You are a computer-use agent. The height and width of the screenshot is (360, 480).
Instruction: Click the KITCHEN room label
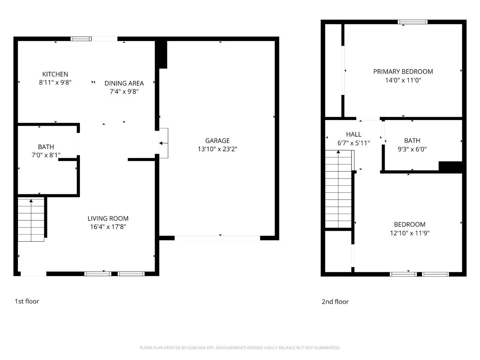[x=55, y=74]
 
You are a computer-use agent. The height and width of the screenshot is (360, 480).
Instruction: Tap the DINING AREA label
[x=124, y=83]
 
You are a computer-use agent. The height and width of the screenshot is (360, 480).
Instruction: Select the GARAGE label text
[x=217, y=141]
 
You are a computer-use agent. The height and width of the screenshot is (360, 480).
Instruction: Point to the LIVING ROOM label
[x=108, y=218]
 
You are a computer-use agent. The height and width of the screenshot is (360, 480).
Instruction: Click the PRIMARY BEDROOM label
[x=403, y=71]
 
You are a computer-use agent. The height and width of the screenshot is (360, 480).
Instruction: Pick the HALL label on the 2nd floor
[x=354, y=134]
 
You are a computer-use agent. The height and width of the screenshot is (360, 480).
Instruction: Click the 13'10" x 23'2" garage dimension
[x=217, y=149]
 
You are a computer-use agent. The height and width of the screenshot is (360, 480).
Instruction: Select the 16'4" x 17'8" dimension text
[x=108, y=227]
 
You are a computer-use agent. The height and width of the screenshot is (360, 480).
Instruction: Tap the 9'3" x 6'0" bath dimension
[x=412, y=149]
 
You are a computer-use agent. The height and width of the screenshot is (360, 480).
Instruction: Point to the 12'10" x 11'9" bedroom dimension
[x=410, y=233]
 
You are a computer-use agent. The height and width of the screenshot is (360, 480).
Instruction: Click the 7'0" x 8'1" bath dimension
[x=46, y=155]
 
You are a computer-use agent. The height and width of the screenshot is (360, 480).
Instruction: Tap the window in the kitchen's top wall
[x=81, y=39]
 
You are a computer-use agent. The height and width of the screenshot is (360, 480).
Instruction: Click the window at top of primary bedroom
[x=413, y=22]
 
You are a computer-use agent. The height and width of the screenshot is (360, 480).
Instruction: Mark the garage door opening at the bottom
[x=217, y=238]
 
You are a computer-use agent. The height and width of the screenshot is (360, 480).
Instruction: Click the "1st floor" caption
[x=27, y=301]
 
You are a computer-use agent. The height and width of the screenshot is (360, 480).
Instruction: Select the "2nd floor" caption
[x=335, y=302]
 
